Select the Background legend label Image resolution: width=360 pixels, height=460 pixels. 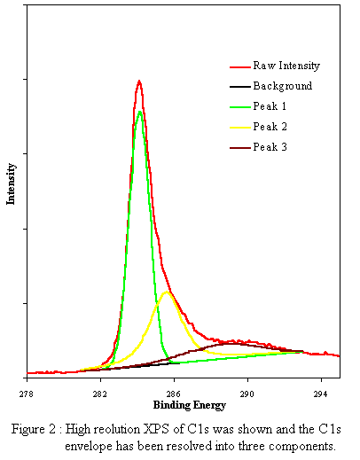[x=282, y=86]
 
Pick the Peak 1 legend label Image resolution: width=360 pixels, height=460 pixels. [x=270, y=106]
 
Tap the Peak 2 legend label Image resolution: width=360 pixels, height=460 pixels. [x=270, y=126]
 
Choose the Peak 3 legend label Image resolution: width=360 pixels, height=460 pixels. [x=270, y=146]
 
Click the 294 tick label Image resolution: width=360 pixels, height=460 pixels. [x=321, y=393]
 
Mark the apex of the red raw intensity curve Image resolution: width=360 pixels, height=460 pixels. [x=139, y=81]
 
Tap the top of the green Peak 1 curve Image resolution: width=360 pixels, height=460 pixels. [x=139, y=111]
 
